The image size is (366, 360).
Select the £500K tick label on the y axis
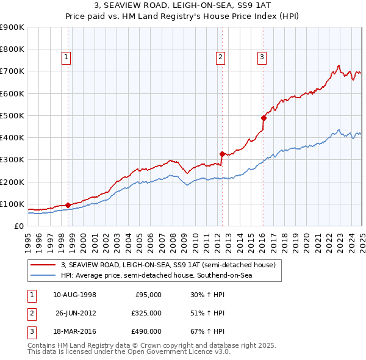point(12,115)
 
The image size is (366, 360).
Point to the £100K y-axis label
point(12,204)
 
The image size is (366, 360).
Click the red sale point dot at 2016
point(264,118)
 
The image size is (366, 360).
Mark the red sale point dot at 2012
point(222,154)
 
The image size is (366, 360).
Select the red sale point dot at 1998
point(68,205)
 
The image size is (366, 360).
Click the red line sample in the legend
point(43,265)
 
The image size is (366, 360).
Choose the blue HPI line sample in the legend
point(43,276)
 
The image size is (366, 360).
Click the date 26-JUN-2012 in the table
point(76,313)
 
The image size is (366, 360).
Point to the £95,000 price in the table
point(148,295)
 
